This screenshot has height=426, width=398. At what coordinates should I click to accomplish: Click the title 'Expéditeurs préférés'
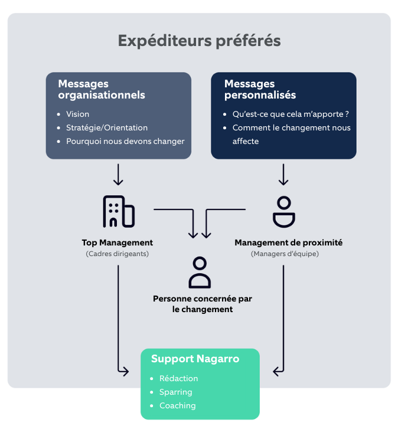tap(199, 41)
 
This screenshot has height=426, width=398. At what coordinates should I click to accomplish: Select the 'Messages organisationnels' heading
tap(102, 89)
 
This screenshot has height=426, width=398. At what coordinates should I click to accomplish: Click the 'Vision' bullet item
tap(78, 114)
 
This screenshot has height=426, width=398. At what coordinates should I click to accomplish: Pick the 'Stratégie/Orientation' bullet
tap(107, 127)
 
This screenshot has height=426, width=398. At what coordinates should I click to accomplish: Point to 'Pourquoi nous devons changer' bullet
tap(125, 141)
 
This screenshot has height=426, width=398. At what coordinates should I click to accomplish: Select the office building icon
tap(118, 211)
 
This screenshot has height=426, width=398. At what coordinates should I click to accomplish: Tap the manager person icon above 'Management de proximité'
tap(284, 211)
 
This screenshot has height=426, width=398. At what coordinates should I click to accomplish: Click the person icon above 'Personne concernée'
tap(200, 272)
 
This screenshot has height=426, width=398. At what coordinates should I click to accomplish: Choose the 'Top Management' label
tap(118, 243)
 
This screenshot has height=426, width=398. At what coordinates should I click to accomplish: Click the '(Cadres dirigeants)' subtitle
tap(118, 254)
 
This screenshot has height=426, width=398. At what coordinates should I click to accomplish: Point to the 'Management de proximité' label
tap(288, 243)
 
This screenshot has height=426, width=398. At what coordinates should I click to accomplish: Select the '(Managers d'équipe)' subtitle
tap(284, 254)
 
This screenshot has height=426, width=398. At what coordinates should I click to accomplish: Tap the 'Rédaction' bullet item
tap(179, 378)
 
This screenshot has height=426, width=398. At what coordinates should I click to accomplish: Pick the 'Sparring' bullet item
tap(176, 392)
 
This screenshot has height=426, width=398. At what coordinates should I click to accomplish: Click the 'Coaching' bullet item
tap(177, 405)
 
